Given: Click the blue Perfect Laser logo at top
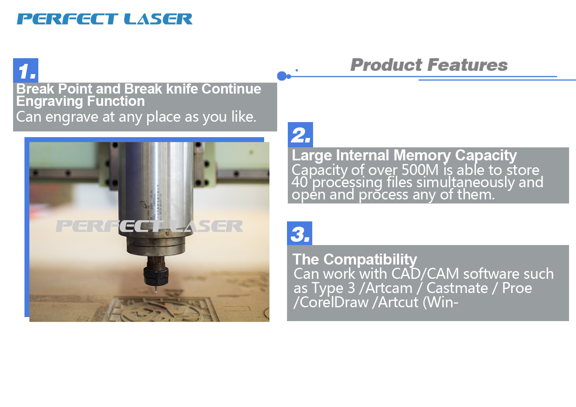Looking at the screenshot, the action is pyautogui.click(x=104, y=19).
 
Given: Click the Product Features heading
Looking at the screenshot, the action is pyautogui.click(x=429, y=65).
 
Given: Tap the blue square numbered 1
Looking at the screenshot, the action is pyautogui.click(x=26, y=70).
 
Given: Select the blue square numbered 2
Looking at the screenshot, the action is pyautogui.click(x=300, y=135).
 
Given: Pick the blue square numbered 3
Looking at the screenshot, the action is pyautogui.click(x=300, y=233).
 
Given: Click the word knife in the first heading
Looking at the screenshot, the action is pyautogui.click(x=182, y=89).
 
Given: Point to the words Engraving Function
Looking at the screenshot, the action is pyautogui.click(x=80, y=101).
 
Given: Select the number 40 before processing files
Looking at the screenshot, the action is pyautogui.click(x=300, y=182).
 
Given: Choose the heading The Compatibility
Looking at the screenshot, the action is pyautogui.click(x=355, y=259).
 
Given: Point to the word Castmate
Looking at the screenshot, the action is pyautogui.click(x=457, y=288).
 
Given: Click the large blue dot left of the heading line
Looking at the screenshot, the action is pyautogui.click(x=282, y=76).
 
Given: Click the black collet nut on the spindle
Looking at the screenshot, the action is pyautogui.click(x=156, y=276).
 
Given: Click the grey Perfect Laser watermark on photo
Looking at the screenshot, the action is pyautogui.click(x=149, y=226).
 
